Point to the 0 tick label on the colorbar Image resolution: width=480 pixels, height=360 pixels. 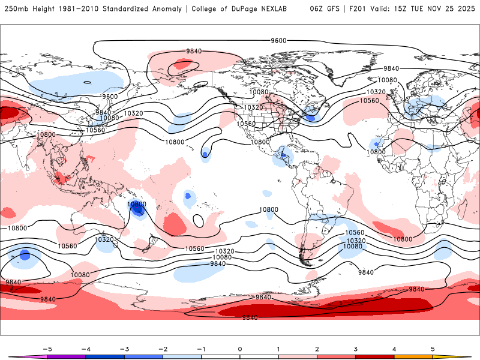point(240,348)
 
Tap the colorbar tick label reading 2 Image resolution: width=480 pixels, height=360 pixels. point(317,348)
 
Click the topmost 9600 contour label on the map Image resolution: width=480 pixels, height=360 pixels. point(278,40)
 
